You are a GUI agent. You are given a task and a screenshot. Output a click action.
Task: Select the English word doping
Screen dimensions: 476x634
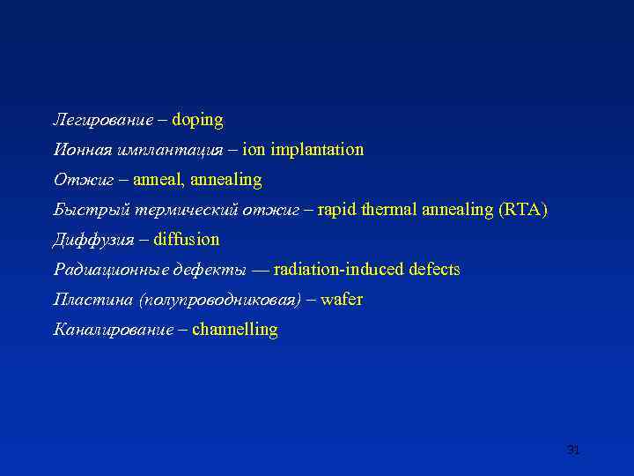click(197, 120)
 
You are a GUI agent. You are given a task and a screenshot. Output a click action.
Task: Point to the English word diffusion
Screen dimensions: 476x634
click(187, 240)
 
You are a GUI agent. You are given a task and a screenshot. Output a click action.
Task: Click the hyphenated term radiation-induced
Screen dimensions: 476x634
click(338, 270)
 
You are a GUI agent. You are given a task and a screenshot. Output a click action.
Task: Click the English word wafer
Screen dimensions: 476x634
click(342, 300)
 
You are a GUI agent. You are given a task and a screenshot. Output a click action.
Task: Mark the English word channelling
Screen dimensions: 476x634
click(234, 330)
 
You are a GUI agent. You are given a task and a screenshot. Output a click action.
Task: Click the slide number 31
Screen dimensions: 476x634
click(573, 450)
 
